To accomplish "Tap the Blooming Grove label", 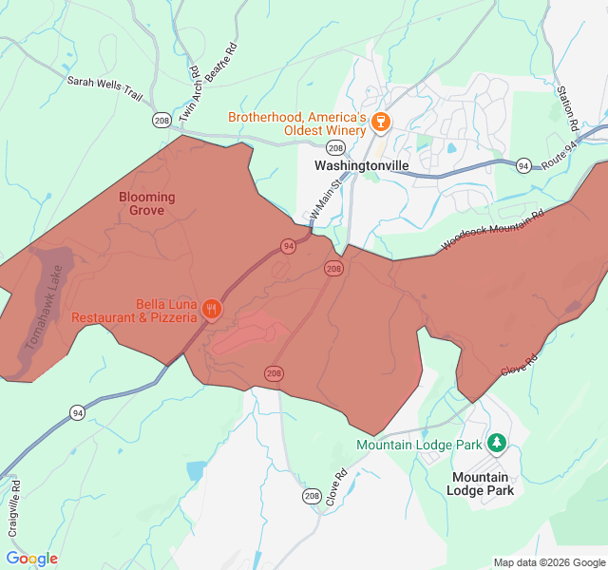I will pos(147,203).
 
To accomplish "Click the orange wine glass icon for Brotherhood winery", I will pos(380,121).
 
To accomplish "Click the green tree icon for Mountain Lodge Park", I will pos(496,443).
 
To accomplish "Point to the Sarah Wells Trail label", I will pos(104,83).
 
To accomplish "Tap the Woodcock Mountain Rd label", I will pos(492,231).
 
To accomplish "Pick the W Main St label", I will pos(325,201).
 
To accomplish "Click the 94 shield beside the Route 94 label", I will pos(523,165).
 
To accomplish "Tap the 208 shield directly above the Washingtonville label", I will pos(334,147).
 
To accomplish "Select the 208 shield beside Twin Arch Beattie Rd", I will pos(161,120).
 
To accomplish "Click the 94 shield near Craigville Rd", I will pos(77,412).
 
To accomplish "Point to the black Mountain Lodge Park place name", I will pos(481,484).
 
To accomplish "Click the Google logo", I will pos(31,559).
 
